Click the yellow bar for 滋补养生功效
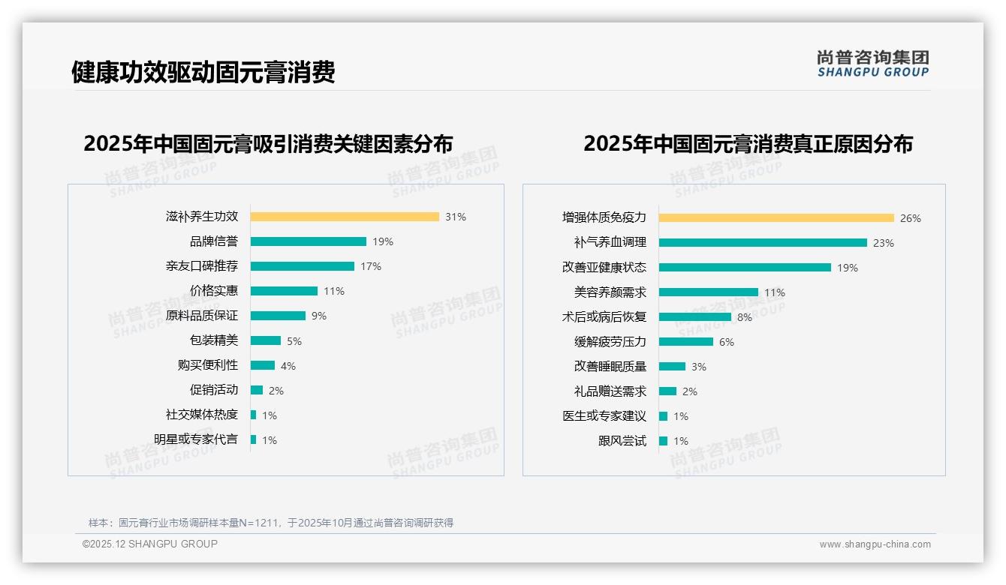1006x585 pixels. tap(345, 217)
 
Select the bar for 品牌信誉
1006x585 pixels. tap(309, 241)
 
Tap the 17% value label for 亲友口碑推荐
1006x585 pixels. tap(371, 266)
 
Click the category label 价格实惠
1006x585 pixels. tap(214, 291)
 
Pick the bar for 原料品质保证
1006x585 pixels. tap(278, 316)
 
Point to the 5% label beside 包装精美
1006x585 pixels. tap(294, 341)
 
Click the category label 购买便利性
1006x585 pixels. tap(208, 365)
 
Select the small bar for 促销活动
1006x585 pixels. tap(257, 390)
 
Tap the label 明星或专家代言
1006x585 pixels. tap(196, 439)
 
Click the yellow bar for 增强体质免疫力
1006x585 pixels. tap(776, 218)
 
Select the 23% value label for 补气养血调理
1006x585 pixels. tap(883, 243)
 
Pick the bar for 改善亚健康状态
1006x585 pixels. tap(745, 268)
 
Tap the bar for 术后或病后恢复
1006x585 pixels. tap(695, 317)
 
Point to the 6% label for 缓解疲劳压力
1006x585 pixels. tap(727, 342)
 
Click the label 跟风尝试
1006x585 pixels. tap(622, 441)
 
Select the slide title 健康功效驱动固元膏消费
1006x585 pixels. tap(203, 72)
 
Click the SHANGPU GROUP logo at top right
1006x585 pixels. tap(873, 64)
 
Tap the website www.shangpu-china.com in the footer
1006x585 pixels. tap(875, 544)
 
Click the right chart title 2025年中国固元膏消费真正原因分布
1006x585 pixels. tap(748, 144)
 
